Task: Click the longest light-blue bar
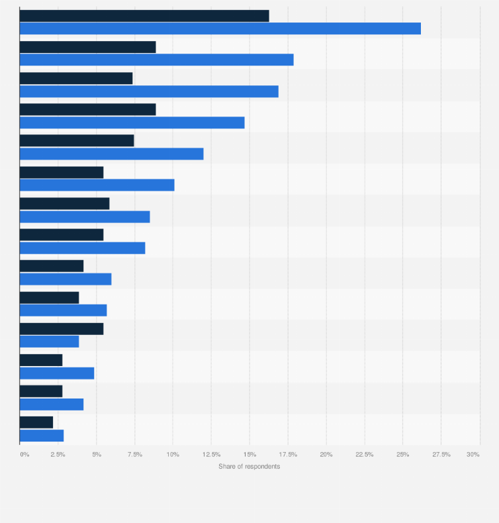point(220,28)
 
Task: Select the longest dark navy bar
point(144,16)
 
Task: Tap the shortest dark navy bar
point(36,422)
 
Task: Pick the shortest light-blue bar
point(42,436)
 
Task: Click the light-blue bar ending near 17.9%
point(156,60)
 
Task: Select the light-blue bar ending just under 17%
point(149,91)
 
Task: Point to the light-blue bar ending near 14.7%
point(132,122)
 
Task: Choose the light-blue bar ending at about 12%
point(111,154)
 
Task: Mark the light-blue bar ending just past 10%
point(97,185)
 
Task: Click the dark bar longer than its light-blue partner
point(62,328)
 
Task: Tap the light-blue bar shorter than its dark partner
point(49,342)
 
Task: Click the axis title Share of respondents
point(250,467)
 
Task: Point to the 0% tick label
point(24,454)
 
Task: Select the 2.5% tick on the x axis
point(58,454)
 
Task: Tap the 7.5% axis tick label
point(134,454)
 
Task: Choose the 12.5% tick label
point(211,454)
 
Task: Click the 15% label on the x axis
point(250,454)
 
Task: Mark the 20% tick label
point(326,454)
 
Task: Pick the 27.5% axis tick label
point(441,454)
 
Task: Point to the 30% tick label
point(473,454)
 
